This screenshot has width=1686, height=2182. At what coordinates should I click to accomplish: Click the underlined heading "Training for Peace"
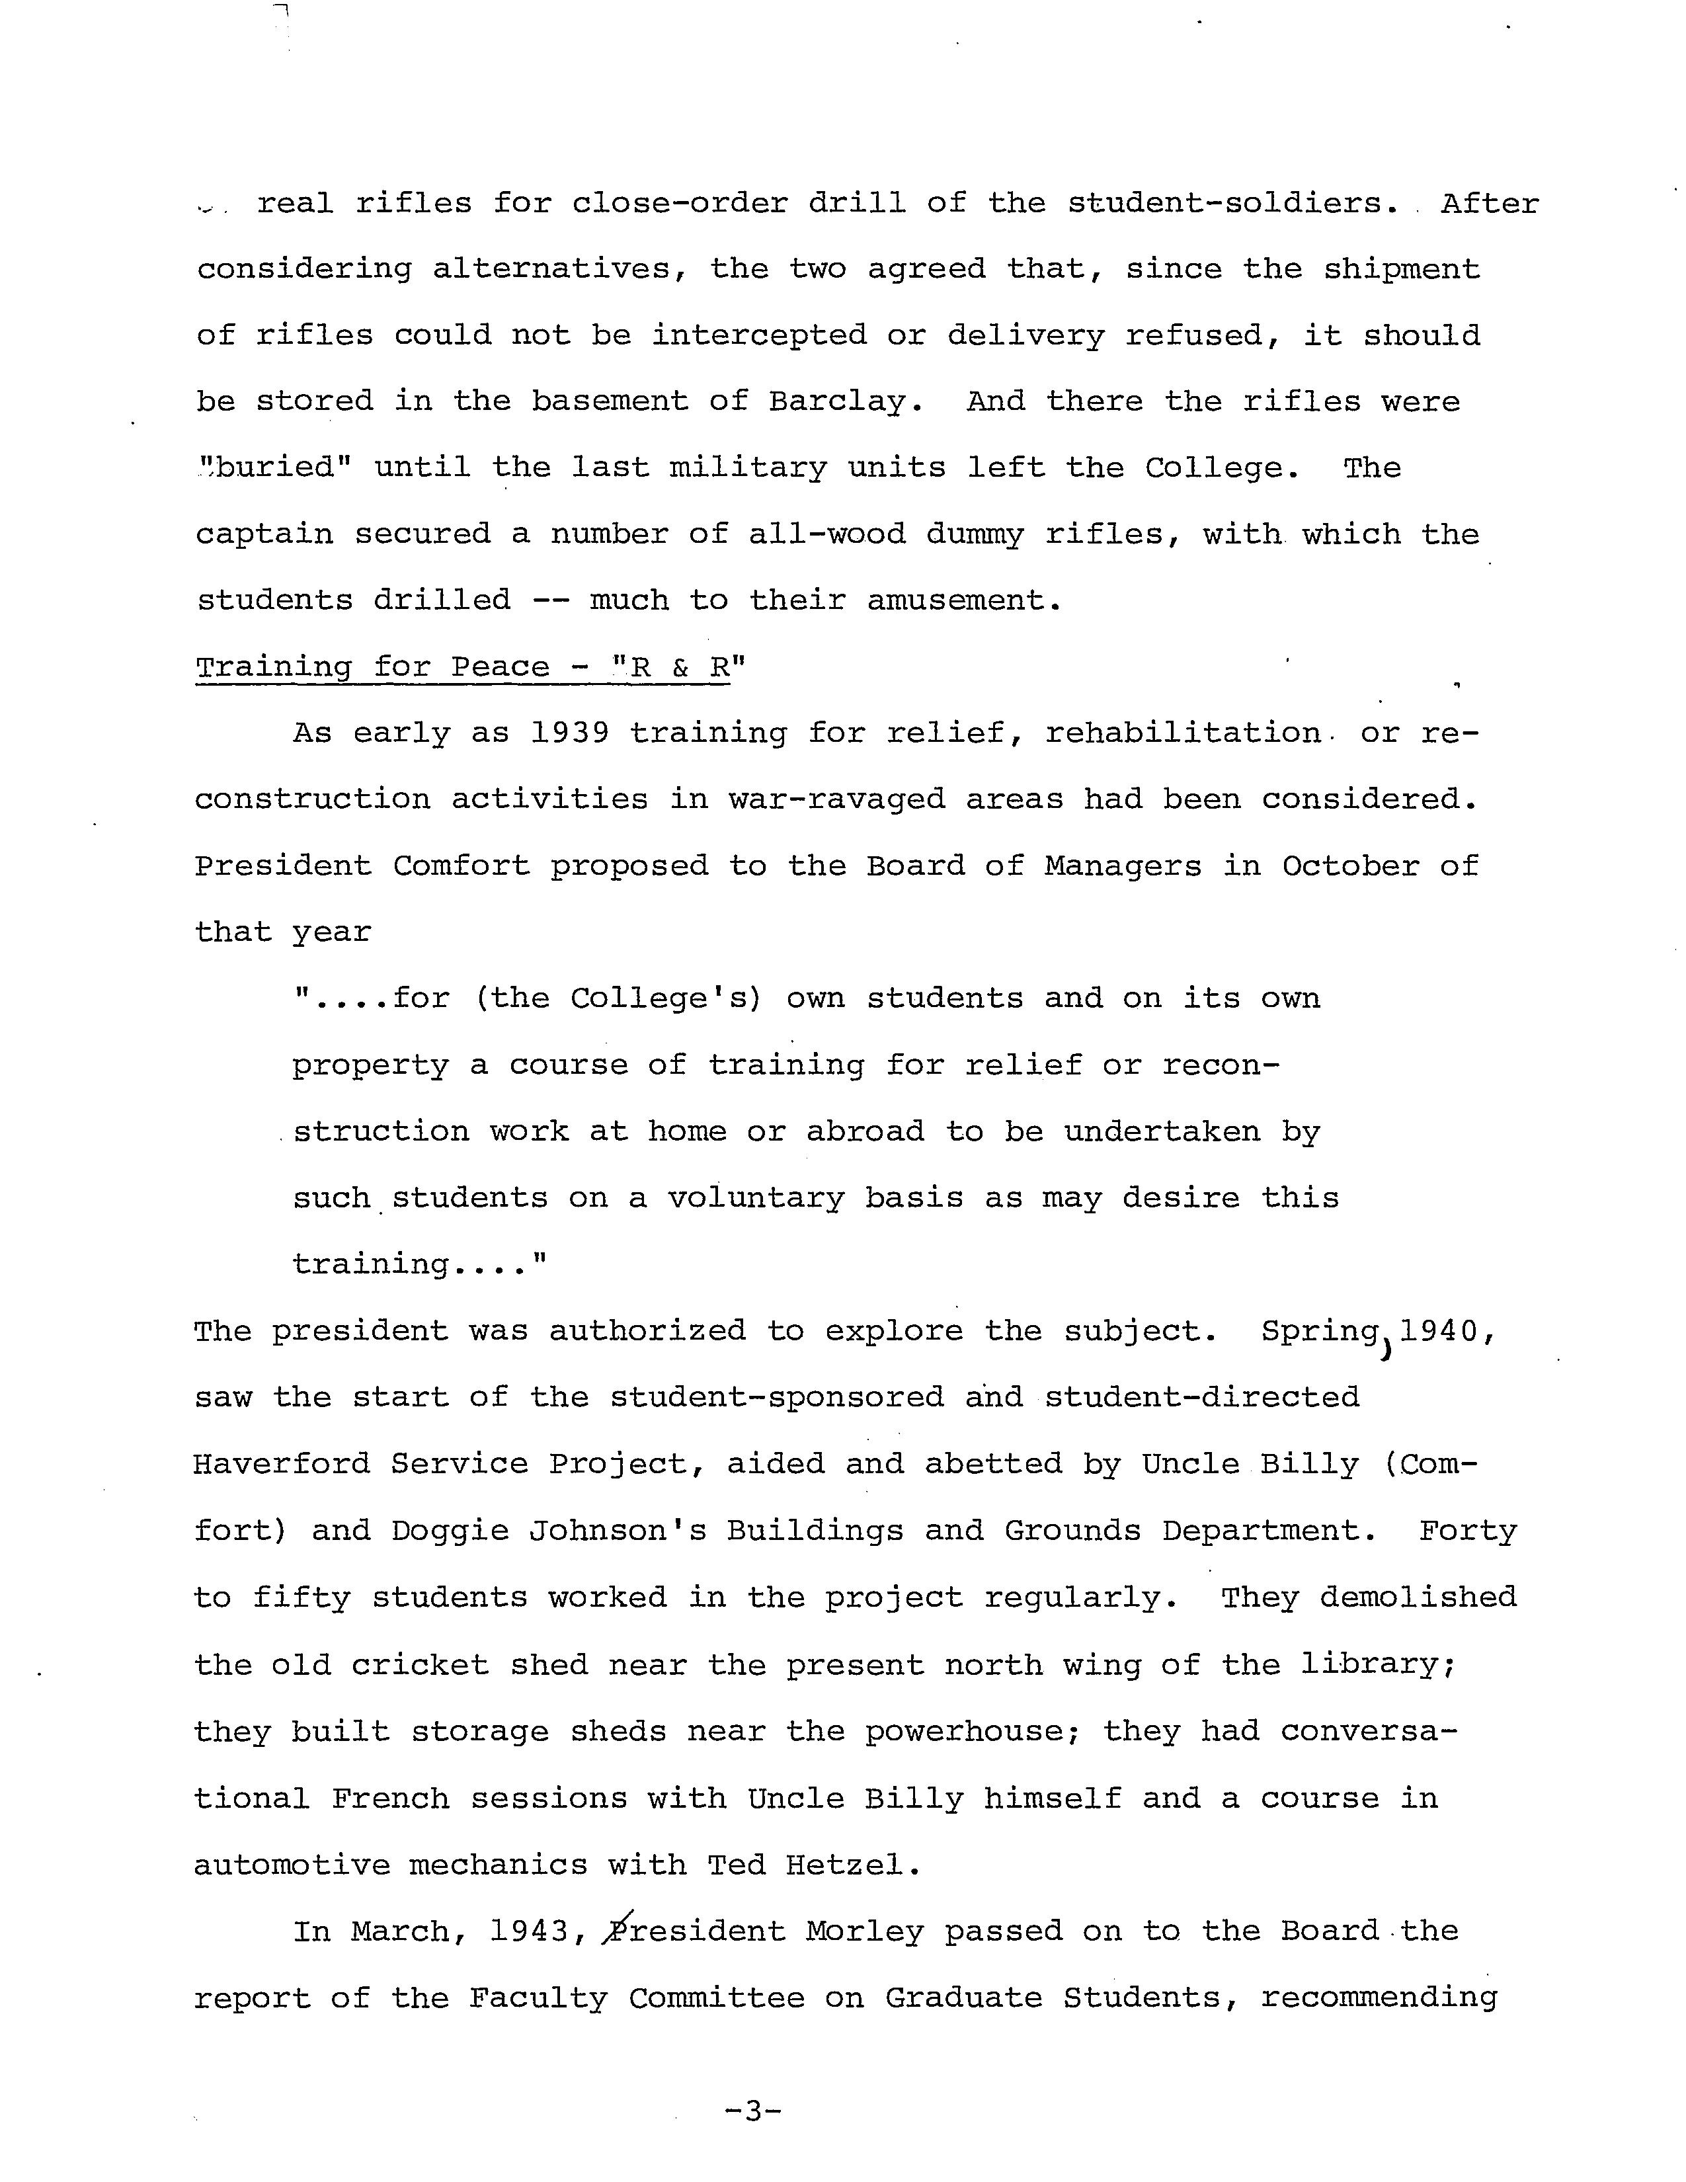pyautogui.click(x=372, y=667)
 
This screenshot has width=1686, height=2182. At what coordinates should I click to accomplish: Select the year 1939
pyautogui.click(x=569, y=733)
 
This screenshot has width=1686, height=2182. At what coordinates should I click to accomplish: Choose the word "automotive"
pyautogui.click(x=291, y=1865)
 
